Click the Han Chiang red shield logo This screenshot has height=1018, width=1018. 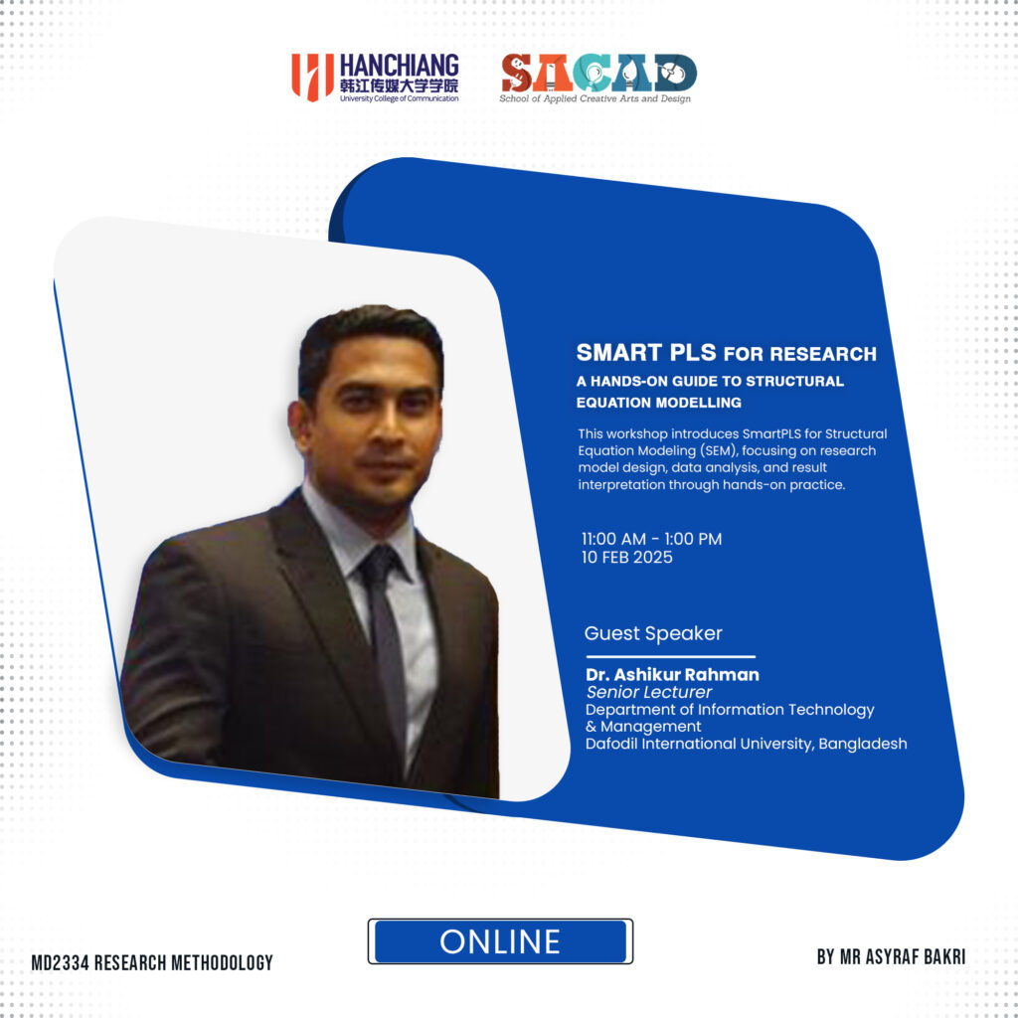[312, 78]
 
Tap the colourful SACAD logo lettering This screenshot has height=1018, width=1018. [598, 73]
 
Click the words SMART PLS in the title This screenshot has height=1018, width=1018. [646, 353]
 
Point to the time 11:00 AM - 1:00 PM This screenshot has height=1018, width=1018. [651, 539]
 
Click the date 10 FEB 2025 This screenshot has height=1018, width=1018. [626, 557]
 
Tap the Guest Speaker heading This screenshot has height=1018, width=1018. [653, 633]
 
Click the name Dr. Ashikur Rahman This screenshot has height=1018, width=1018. [672, 675]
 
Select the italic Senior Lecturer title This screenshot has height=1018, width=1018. [648, 692]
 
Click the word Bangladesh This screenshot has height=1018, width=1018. [862, 744]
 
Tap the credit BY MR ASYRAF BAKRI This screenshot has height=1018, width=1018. [891, 956]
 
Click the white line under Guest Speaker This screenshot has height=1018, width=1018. [671, 656]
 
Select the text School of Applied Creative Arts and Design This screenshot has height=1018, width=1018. [594, 98]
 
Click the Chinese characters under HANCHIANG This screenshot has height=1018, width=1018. [399, 85]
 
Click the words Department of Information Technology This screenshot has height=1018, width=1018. [730, 710]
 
